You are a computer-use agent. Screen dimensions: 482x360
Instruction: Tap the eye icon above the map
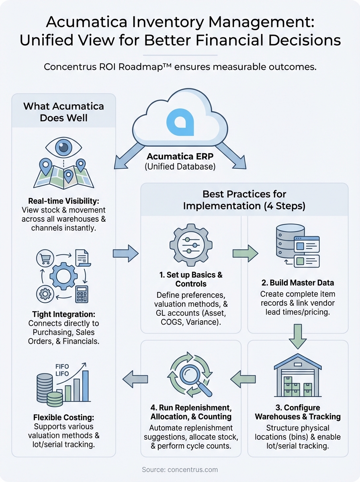pos(63,148)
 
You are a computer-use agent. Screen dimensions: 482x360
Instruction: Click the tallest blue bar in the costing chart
pos(85,386)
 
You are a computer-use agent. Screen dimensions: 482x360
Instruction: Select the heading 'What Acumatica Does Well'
pos(63,112)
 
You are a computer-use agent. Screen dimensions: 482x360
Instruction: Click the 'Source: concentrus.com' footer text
pos(180,469)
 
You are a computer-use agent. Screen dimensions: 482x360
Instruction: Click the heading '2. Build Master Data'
pos(297,282)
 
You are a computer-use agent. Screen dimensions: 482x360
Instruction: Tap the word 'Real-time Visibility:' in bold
pos(63,201)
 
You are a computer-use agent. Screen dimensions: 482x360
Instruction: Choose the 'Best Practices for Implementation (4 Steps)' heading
pos(244,200)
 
